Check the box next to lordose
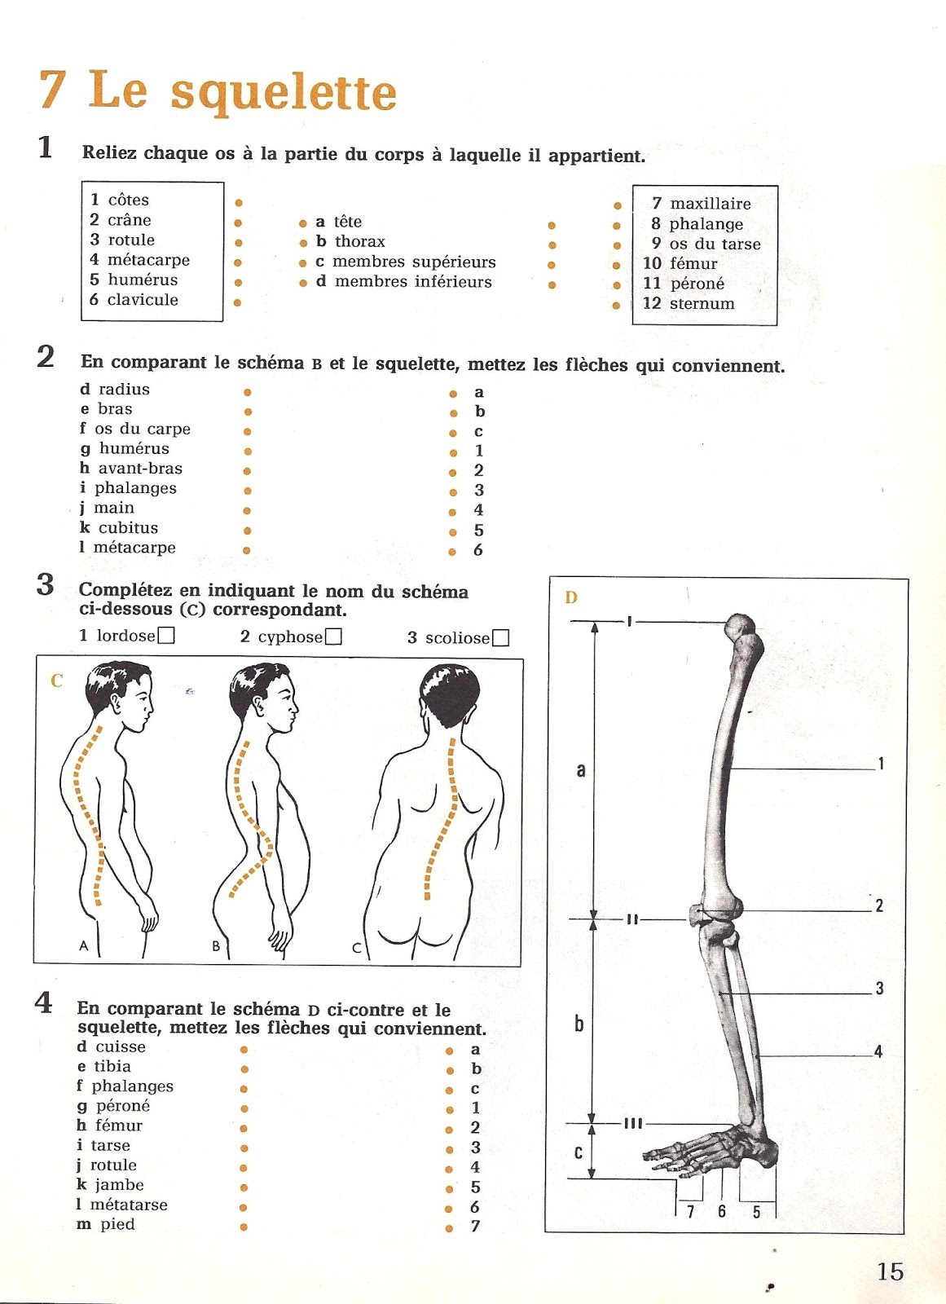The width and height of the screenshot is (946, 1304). (166, 636)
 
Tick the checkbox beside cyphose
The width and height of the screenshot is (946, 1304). (333, 637)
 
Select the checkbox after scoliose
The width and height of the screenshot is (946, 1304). (501, 638)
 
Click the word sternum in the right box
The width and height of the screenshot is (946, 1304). (702, 304)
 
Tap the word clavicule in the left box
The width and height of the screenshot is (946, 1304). (143, 300)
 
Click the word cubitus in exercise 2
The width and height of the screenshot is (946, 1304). (128, 528)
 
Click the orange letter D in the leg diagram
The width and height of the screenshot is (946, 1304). (571, 597)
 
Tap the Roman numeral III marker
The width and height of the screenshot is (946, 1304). (633, 1124)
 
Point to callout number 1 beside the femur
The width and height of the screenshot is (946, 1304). (881, 764)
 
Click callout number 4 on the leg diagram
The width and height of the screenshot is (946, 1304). (878, 1051)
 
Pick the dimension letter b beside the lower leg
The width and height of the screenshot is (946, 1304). (579, 1024)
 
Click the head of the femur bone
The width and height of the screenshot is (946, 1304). (741, 627)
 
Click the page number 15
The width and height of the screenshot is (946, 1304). (891, 1271)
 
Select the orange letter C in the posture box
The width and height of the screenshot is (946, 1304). (56, 681)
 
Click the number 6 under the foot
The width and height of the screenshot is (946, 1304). (722, 1211)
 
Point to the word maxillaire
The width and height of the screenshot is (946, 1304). (711, 204)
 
